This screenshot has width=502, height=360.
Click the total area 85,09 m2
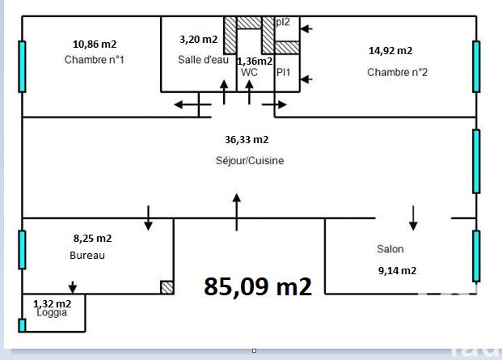258,286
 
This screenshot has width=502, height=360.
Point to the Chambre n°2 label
397,72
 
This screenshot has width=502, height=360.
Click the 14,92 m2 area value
390,50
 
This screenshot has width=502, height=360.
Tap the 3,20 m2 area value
198,39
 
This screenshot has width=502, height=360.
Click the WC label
249,72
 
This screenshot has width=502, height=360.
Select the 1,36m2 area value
254,61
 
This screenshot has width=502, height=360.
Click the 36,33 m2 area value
247,139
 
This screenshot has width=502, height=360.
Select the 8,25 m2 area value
92,238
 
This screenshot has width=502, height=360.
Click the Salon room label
390,249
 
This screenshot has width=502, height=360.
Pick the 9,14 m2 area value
397,270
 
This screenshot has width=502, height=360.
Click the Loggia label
53,312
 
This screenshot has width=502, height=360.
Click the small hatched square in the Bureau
167,286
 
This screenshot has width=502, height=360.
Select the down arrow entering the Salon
413,217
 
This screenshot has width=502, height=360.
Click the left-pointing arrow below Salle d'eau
188,104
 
